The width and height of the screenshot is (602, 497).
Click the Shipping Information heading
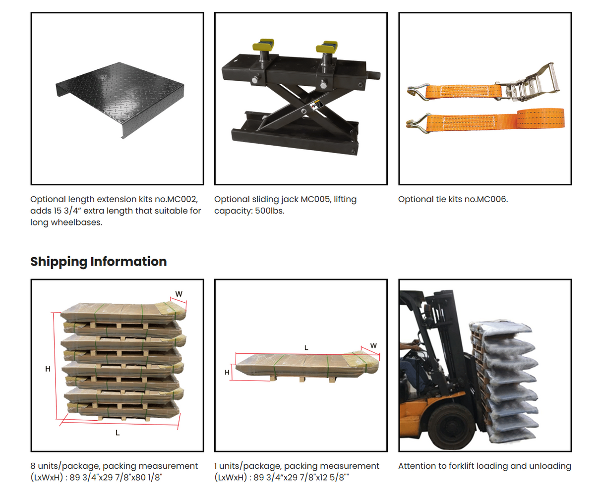coord(98,262)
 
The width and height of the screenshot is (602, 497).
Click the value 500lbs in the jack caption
coord(269,211)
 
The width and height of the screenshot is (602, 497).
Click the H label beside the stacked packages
coord(48,369)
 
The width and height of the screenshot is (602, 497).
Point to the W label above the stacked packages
coord(179,294)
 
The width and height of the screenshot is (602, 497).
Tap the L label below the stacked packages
coord(118,433)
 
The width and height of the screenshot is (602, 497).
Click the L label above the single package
coord(306,348)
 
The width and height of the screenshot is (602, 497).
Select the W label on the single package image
coord(373,346)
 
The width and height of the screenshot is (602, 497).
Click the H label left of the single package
coord(227,372)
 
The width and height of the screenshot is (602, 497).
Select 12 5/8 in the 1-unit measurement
coord(334,478)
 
